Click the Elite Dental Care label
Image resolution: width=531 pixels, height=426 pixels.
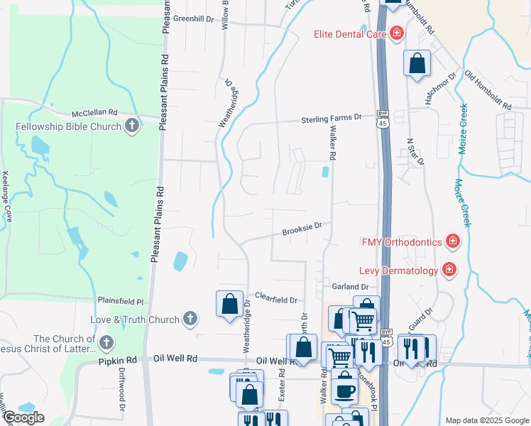(351, 34)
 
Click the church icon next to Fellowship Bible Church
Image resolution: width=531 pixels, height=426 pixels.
(131, 127)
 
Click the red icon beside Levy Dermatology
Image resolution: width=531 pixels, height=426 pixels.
(449, 269)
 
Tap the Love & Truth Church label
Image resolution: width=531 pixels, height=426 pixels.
(135, 319)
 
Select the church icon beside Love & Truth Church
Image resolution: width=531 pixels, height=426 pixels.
(190, 319)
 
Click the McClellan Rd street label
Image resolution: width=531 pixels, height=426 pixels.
(94, 114)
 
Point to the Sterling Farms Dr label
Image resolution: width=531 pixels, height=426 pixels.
(332, 118)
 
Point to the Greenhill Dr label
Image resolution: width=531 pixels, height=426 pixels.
(193, 19)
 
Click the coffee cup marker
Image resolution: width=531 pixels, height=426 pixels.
(345, 390)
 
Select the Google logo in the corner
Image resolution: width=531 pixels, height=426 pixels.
(23, 417)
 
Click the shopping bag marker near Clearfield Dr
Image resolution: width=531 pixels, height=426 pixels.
(230, 305)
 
